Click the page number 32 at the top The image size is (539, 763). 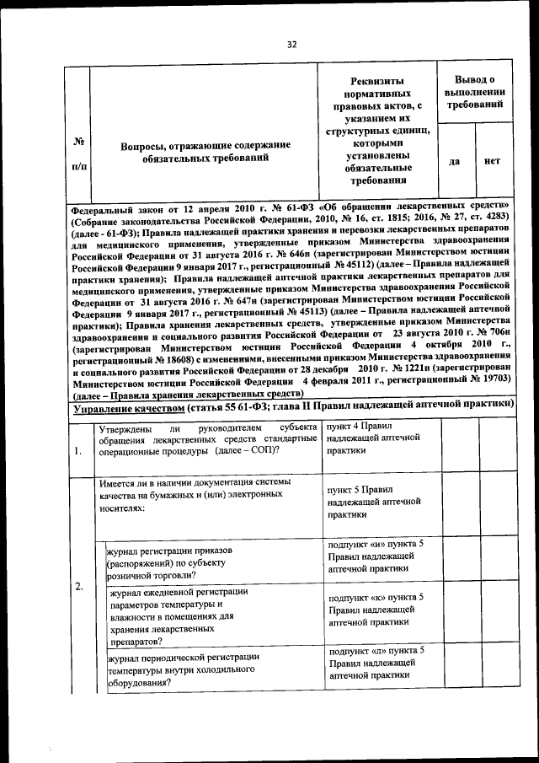pyautogui.click(x=291, y=46)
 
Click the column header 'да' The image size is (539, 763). pyautogui.click(x=455, y=161)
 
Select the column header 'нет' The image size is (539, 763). pyautogui.click(x=493, y=161)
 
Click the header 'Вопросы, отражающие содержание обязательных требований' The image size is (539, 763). pyautogui.click(x=205, y=151)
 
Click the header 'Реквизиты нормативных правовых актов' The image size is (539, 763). pyautogui.click(x=377, y=126)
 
